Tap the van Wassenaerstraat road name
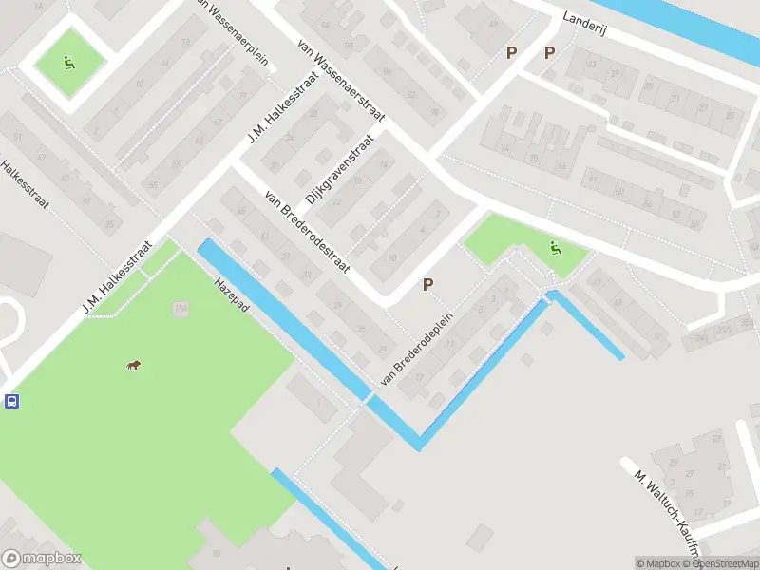click(340, 83)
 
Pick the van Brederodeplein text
click(418, 349)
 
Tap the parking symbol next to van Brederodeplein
click(428, 284)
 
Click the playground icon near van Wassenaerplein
click(68, 64)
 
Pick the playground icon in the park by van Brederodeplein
click(556, 250)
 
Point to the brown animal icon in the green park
click(134, 366)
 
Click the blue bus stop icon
click(11, 401)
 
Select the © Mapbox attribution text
click(658, 563)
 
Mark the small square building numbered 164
click(180, 309)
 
